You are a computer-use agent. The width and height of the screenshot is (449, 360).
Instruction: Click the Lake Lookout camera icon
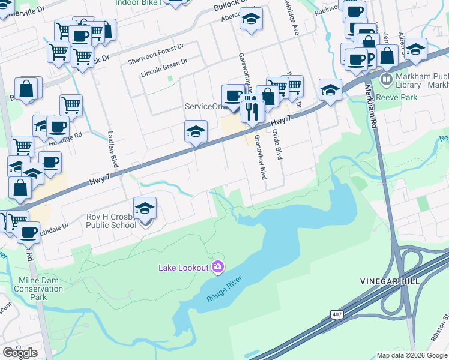pyautogui.click(x=218, y=266)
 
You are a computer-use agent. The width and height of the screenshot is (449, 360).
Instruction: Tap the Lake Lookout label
pyautogui.click(x=183, y=268)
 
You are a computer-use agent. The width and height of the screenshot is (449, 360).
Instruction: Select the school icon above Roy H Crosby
pyautogui.click(x=145, y=208)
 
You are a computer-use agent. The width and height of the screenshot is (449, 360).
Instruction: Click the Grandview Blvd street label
pyautogui.click(x=259, y=157)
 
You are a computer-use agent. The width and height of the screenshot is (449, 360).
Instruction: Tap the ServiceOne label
pyautogui.click(x=204, y=106)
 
